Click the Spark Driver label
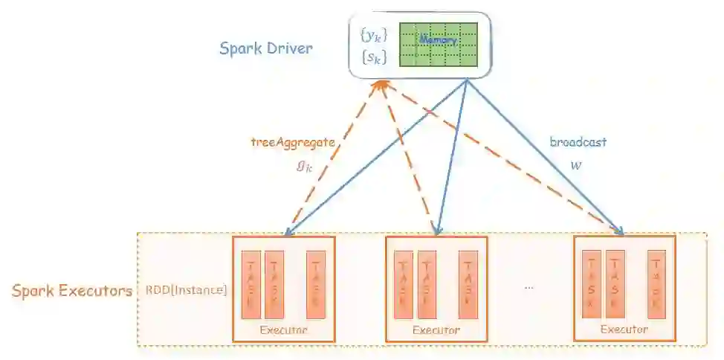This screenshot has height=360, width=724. (265, 49)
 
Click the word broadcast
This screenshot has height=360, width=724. (578, 143)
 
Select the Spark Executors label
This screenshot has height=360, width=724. (72, 290)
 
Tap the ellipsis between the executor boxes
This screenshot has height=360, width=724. (529, 287)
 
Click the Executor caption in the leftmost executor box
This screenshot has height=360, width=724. (283, 330)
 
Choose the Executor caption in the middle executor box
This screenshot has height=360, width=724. (436, 330)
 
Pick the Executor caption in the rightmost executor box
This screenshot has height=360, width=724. (624, 330)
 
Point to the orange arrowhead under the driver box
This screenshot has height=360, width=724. (382, 87)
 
